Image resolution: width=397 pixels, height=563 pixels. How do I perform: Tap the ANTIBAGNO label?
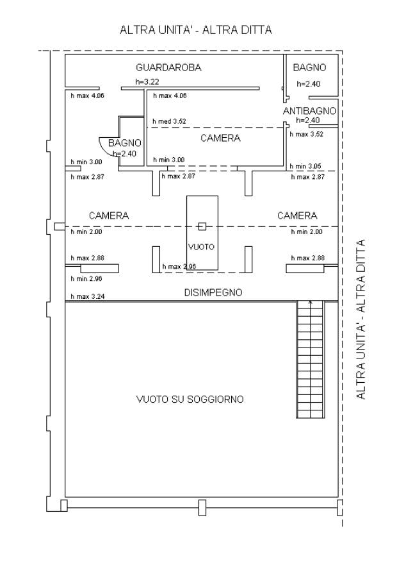click(x=310, y=112)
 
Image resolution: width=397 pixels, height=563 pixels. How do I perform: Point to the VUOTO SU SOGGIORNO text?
click(x=190, y=399)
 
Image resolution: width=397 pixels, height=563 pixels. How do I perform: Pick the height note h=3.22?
click(x=147, y=82)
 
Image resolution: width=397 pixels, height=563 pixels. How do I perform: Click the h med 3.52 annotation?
click(x=169, y=121)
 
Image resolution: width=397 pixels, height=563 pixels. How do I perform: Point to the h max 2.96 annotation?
click(x=179, y=266)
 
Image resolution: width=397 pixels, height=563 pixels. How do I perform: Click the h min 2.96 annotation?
click(x=86, y=279)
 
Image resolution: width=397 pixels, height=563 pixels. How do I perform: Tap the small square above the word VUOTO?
click(x=202, y=225)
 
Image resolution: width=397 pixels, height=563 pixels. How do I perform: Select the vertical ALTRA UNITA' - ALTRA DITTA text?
click(x=362, y=319)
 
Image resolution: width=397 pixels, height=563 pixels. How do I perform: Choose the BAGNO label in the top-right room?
click(x=309, y=67)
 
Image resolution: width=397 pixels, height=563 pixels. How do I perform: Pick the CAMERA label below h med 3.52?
click(x=220, y=138)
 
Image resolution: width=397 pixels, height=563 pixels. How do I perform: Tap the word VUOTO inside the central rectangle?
click(x=202, y=246)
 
